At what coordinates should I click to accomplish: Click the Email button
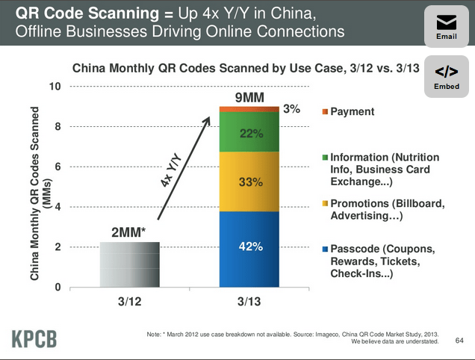[x=447, y=27]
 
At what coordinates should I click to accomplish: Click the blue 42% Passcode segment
[x=249, y=249]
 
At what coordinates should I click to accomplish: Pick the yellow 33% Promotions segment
[x=249, y=181]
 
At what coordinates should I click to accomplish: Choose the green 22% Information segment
[x=249, y=132]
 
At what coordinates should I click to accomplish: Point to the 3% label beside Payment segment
[x=291, y=109]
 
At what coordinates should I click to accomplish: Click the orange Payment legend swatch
[x=324, y=112]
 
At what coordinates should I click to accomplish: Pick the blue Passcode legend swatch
[x=324, y=249]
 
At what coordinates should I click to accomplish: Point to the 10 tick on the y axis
[x=54, y=86]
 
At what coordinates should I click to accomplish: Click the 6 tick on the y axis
[x=57, y=167]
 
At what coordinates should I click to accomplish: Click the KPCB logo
[x=34, y=338]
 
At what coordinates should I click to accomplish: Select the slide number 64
[x=459, y=341]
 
